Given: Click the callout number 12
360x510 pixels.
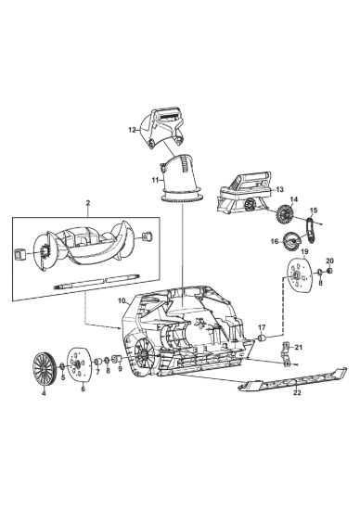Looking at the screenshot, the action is (x=132, y=130).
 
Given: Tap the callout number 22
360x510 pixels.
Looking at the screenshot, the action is (x=297, y=392).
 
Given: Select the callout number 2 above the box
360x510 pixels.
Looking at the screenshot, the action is (x=88, y=203).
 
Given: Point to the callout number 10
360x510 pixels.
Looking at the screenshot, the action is (x=122, y=300).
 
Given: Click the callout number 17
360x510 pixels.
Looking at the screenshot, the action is (x=262, y=327).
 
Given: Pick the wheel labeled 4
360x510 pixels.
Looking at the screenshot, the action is (x=43, y=367).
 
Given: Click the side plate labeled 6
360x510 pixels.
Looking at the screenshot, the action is (x=79, y=363).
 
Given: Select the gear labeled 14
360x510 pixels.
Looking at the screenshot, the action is (x=285, y=214).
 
